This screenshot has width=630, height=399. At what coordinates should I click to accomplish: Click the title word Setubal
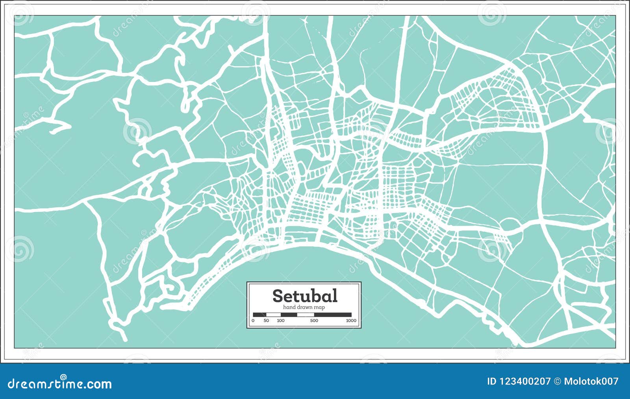pyautogui.click(x=304, y=295)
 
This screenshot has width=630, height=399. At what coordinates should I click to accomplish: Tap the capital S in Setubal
pyautogui.click(x=277, y=296)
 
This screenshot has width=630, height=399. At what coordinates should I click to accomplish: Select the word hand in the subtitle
pyautogui.click(x=289, y=307)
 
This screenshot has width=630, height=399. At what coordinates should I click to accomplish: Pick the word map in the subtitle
pyautogui.click(x=320, y=307)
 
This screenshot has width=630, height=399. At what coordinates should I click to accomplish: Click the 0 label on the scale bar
pyautogui.click(x=253, y=321)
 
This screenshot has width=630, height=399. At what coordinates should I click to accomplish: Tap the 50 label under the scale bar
pyautogui.click(x=267, y=321)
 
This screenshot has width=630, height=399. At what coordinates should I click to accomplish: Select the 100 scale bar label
pyautogui.click(x=280, y=321)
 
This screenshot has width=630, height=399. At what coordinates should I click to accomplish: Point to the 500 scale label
pyautogui.click(x=314, y=321)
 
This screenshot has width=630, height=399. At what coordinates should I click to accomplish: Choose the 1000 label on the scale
pyautogui.click(x=351, y=321)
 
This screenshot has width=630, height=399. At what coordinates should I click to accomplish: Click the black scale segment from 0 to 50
pyautogui.click(x=259, y=315)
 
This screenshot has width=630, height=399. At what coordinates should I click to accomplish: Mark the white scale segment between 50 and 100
pyautogui.click(x=273, y=315)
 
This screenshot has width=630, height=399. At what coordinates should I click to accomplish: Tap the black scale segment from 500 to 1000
pyautogui.click(x=333, y=315)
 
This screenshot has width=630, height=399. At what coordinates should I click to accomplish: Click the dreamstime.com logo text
pyautogui.click(x=60, y=384)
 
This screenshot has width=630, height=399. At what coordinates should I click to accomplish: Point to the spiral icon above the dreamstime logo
pyautogui.click(x=63, y=377)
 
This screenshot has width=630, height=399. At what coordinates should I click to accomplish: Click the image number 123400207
pyautogui.click(x=525, y=381)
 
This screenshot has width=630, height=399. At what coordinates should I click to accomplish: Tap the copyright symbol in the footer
pyautogui.click(x=557, y=381)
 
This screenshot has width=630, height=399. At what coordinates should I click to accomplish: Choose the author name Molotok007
pyautogui.click(x=591, y=381)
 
